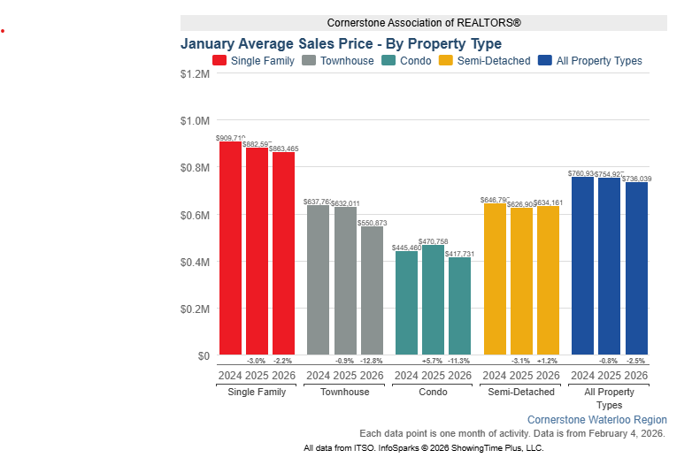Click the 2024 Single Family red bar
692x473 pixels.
point(230,248)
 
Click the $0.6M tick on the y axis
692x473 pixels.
point(194,215)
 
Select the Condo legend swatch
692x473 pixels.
point(388,61)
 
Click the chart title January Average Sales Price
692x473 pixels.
point(341,43)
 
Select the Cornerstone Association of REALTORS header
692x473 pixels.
point(423,23)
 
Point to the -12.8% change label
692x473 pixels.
point(372,361)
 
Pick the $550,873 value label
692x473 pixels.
point(372,223)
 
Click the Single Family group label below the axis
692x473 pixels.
point(257,392)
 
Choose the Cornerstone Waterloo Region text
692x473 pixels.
point(597,419)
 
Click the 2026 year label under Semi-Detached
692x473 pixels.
point(549,376)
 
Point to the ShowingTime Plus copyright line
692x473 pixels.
point(423,448)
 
